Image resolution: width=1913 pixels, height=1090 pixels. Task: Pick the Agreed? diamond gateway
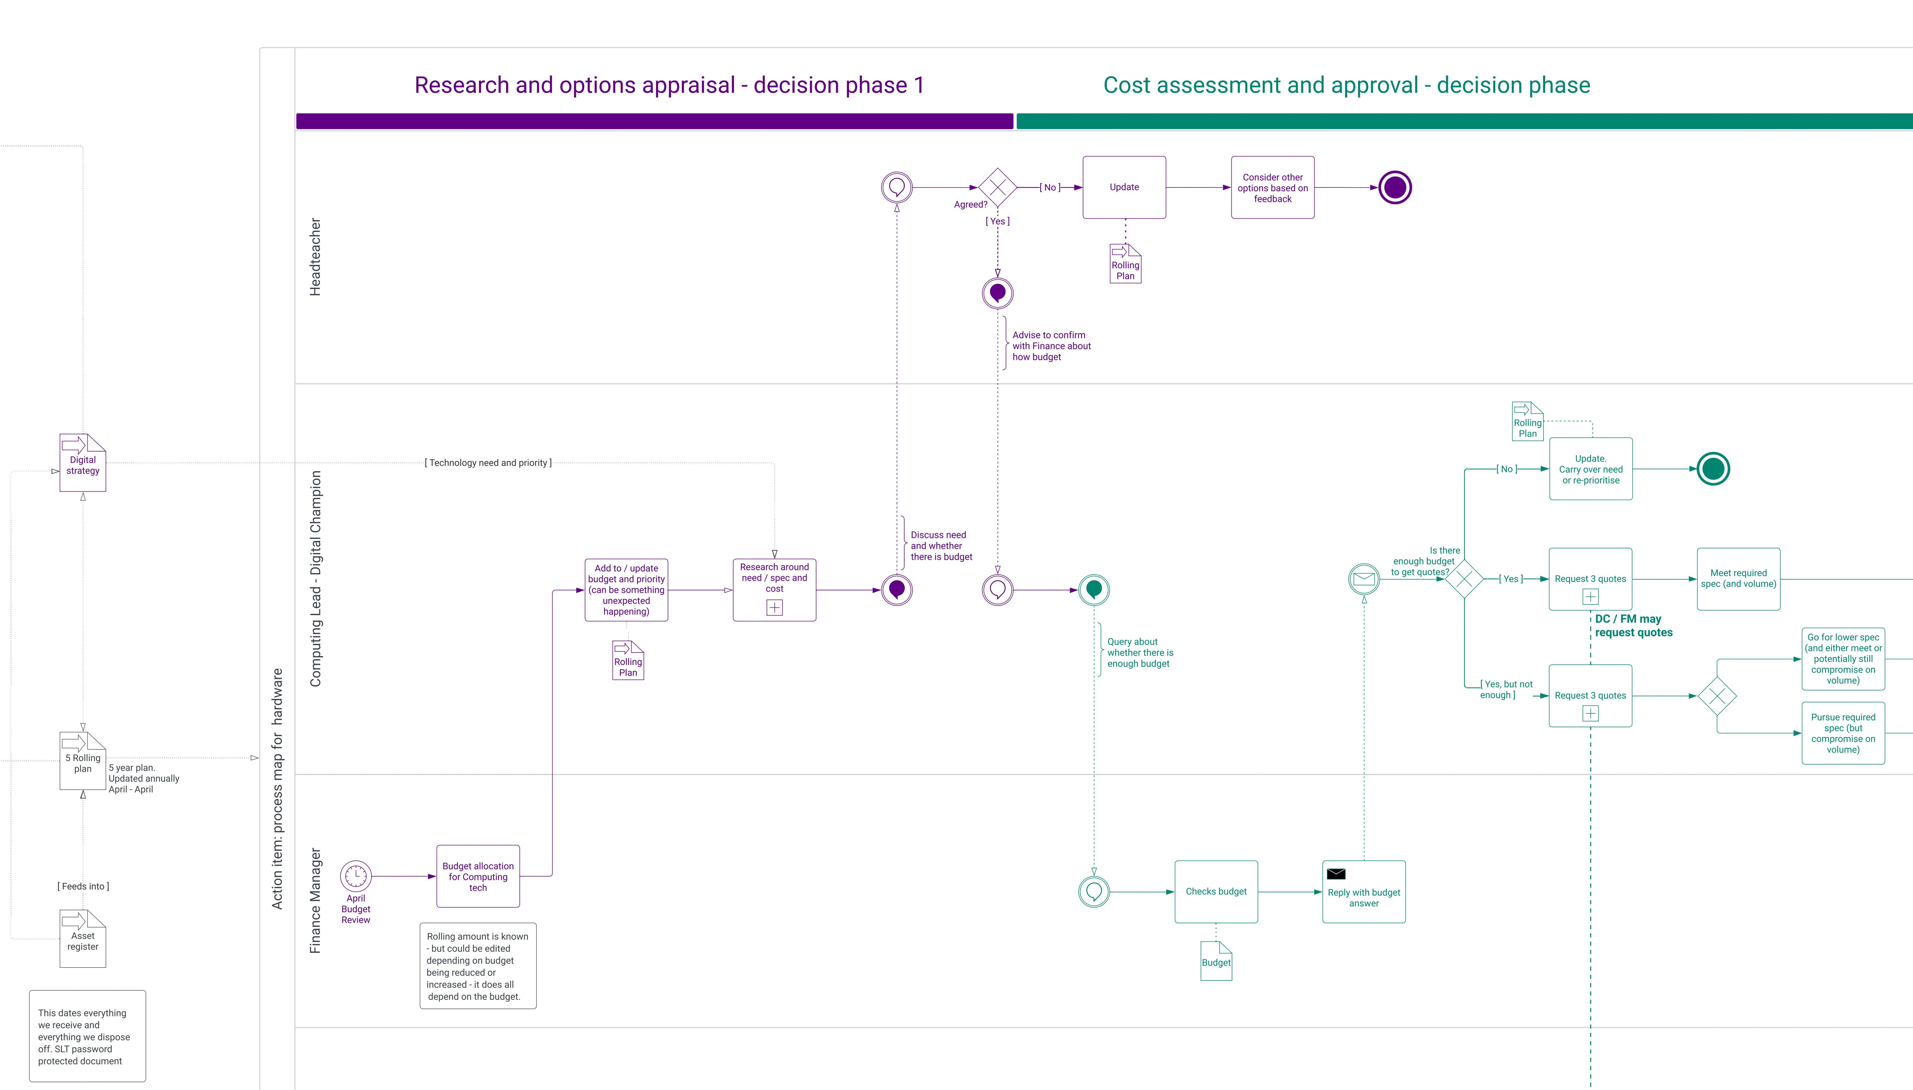(997, 187)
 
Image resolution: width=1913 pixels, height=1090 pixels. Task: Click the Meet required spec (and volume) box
(1738, 579)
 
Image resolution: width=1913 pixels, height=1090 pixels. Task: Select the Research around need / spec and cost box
(774, 589)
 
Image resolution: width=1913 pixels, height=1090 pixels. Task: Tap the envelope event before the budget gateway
(1364, 579)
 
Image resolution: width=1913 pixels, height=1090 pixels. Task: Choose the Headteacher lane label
(315, 257)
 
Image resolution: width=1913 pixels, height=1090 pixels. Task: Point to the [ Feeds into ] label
(83, 886)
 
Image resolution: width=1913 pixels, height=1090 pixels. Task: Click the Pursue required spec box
(1843, 733)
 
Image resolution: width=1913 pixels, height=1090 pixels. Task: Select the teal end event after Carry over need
(1713, 469)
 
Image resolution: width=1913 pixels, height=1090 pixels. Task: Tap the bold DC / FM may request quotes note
(1633, 625)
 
